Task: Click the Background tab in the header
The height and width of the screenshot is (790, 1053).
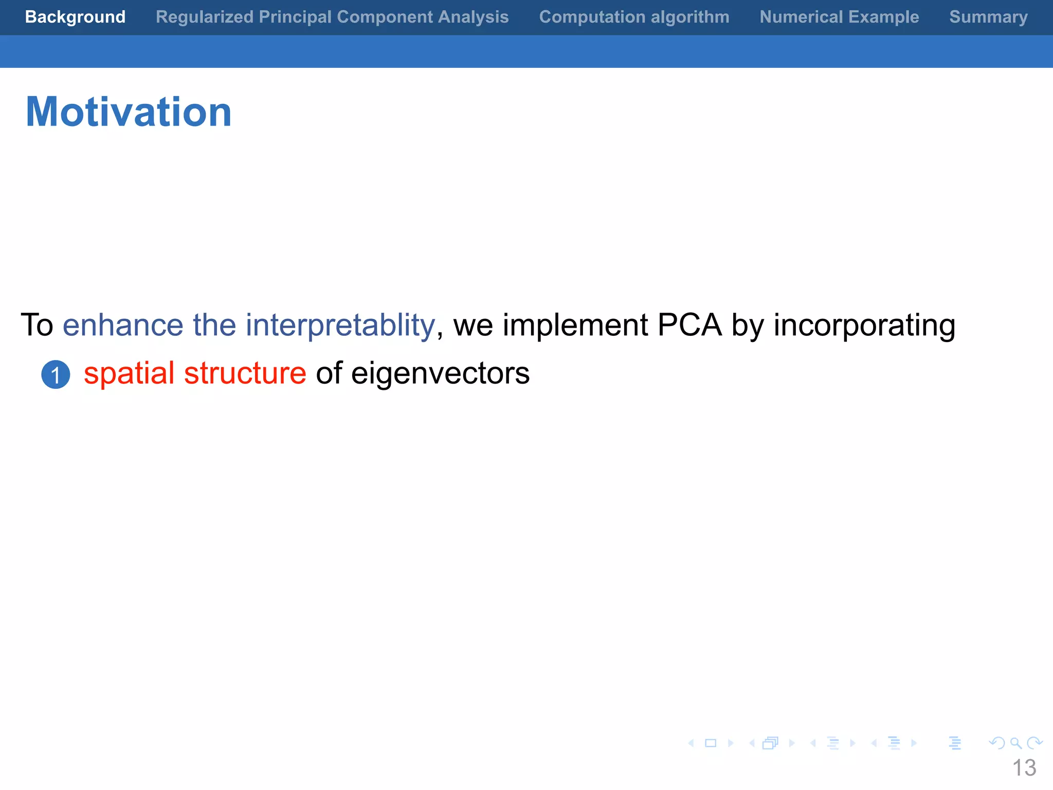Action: click(x=75, y=17)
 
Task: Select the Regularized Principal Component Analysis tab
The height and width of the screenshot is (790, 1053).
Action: click(x=332, y=17)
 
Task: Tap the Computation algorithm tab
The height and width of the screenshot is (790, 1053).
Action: click(x=634, y=17)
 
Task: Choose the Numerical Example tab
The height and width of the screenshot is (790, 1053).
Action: click(x=839, y=17)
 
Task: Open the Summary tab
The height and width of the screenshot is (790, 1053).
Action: click(x=988, y=17)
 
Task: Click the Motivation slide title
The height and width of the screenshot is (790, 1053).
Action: click(x=129, y=112)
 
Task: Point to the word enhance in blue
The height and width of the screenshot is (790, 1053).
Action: click(x=123, y=325)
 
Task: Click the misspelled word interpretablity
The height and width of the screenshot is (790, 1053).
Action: click(x=340, y=325)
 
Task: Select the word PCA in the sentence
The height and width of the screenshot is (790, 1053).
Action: click(x=689, y=325)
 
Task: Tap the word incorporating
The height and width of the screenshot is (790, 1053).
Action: click(x=864, y=325)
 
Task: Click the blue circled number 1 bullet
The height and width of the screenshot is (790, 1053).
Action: click(x=56, y=374)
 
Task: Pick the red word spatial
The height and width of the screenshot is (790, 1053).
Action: click(x=129, y=373)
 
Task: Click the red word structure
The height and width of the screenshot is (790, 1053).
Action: click(x=245, y=373)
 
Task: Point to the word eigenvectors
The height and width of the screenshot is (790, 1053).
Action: click(x=440, y=373)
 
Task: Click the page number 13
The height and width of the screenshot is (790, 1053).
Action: click(x=1024, y=768)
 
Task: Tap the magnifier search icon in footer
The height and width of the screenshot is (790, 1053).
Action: click(x=1015, y=743)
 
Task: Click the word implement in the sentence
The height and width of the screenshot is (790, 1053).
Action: click(x=575, y=325)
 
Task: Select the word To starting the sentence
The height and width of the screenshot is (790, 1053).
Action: click(x=37, y=325)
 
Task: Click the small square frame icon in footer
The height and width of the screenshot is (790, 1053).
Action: click(x=711, y=743)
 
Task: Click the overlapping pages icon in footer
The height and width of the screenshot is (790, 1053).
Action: click(x=770, y=743)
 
